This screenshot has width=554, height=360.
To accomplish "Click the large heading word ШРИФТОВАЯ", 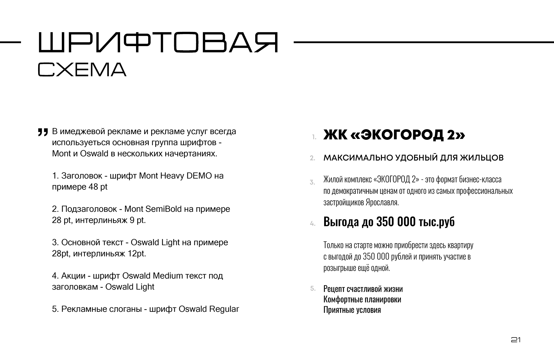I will pos(158,43).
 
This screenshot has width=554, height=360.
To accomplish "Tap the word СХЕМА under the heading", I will pos(82,70).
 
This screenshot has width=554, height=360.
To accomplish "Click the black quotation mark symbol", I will pos(43,132).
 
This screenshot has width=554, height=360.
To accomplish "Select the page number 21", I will pos(516,340).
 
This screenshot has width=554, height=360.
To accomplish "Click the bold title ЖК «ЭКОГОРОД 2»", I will pos(394,135).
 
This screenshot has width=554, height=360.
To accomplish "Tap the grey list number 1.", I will pos(314,137).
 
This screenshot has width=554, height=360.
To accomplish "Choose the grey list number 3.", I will pos(312,182).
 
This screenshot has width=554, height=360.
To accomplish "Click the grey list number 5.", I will pos(313,288).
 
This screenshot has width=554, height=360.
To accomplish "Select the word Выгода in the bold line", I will pos(341,222).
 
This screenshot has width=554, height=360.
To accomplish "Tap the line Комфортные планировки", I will pos(362,299).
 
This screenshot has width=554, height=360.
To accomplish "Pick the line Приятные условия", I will pos(352,310).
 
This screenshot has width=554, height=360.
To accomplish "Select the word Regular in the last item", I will pos(224,309).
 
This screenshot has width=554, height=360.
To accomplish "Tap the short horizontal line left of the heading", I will pos(10,42).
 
